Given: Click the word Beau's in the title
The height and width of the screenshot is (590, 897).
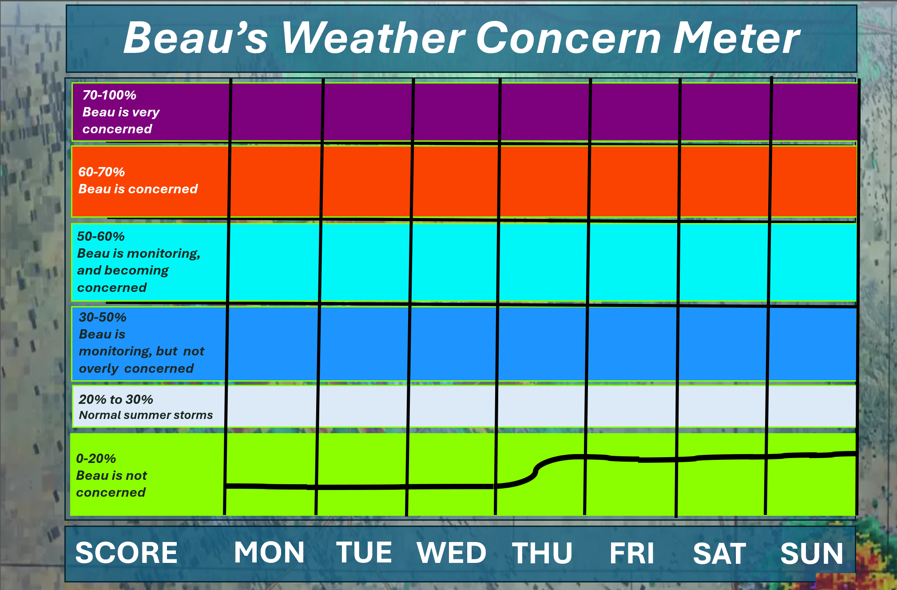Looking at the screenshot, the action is pos(196,38).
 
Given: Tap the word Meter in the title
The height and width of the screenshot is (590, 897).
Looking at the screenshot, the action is pos(736,38).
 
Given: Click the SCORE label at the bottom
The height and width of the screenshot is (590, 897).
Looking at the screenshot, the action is pos(127,553).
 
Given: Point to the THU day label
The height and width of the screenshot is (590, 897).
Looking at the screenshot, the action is pos(542,553).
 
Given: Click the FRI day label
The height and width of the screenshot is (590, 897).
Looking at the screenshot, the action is pos(632,553).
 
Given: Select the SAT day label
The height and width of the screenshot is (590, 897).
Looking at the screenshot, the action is pos(719,553).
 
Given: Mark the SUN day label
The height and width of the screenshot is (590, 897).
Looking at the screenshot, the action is pos(812,553).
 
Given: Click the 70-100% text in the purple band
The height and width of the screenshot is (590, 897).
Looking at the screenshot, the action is pos(109,95).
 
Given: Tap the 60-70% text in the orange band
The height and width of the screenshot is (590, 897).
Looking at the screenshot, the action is pos(102,172).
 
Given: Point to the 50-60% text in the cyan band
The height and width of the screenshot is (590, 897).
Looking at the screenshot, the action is pos(101,236).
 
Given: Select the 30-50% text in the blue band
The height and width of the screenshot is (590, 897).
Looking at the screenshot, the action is pos(103,317).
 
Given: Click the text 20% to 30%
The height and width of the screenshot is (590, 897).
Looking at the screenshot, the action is pos(116,399).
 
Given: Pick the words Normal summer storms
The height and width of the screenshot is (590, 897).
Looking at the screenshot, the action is pos(146,415).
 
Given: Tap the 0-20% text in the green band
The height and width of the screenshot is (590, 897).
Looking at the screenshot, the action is pos(96,458).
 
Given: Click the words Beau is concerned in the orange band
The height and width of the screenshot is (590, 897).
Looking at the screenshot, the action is pos(138,189).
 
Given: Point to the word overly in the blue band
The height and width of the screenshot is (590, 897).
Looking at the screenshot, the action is pos(99,369).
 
